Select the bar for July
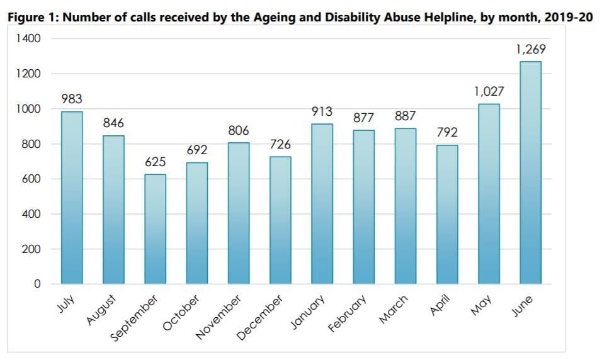tap(72, 198)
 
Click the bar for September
tap(155, 229)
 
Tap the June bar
tap(530, 172)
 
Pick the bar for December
tap(280, 220)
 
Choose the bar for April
tap(447, 215)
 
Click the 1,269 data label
tap(530, 49)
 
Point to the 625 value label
tap(155, 163)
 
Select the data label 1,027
tap(489, 92)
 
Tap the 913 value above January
tap(322, 112)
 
